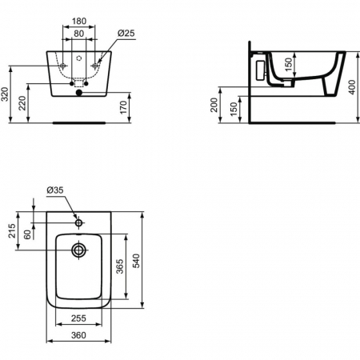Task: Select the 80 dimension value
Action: pyautogui.click(x=78, y=34)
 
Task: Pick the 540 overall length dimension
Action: pyautogui.click(x=137, y=259)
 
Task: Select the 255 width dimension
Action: pyautogui.click(x=78, y=318)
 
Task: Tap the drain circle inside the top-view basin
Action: pyautogui.click(x=78, y=250)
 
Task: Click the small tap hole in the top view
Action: pyautogui.click(x=78, y=218)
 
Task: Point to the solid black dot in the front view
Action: pyautogui.click(x=78, y=93)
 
